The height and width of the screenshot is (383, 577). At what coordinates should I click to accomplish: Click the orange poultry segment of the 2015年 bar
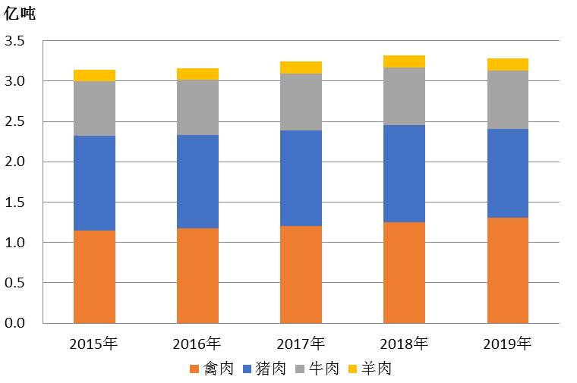coord(94,277)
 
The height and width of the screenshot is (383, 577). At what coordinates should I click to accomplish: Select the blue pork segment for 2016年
coord(197,181)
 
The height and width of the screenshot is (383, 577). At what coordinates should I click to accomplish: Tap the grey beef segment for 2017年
coord(301,102)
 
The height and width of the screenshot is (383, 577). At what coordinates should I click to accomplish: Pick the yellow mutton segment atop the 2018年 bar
coord(404,61)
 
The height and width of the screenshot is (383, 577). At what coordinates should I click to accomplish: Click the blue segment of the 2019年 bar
coord(507,173)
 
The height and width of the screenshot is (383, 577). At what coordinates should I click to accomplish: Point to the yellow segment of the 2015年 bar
coord(94,75)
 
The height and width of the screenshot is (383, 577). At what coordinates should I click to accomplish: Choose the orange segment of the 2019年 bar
coord(507,270)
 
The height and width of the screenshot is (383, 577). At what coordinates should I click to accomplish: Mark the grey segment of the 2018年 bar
coord(404,96)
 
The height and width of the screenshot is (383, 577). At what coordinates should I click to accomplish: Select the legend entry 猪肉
coord(265,369)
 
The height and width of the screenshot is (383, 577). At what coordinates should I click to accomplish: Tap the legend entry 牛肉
coord(317,369)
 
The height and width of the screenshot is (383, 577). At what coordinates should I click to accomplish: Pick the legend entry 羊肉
coord(370,369)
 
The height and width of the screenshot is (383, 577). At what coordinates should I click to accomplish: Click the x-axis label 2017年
coord(301,344)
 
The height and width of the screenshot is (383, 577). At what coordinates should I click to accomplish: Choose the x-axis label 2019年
coord(507,344)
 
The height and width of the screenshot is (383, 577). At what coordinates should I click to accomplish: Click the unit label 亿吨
coord(20,14)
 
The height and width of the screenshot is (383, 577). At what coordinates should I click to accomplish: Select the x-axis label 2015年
coord(94,344)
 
